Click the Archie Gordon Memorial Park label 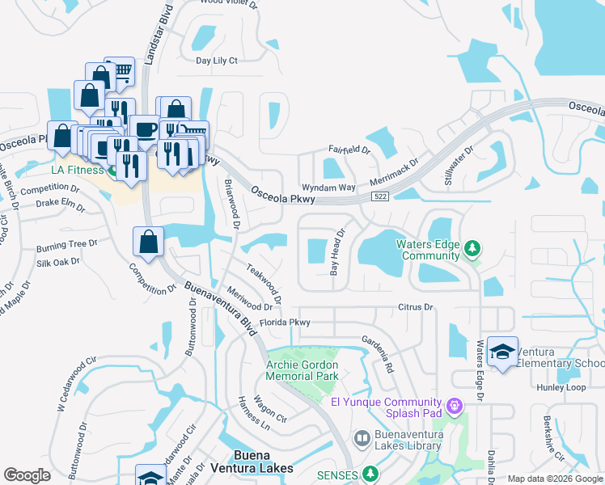(302, 370)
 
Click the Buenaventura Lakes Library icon (362, 438)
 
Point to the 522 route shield (380, 196)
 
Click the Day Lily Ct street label (217, 60)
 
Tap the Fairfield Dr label (349, 150)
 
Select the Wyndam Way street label (328, 187)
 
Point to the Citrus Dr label (416, 307)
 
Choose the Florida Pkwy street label (279, 322)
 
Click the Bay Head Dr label (336, 252)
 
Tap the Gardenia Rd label (377, 354)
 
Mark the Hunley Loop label (561, 387)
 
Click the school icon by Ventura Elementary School (503, 352)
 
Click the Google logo (27, 474)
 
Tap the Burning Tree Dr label (66, 244)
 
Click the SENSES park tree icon (371, 473)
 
